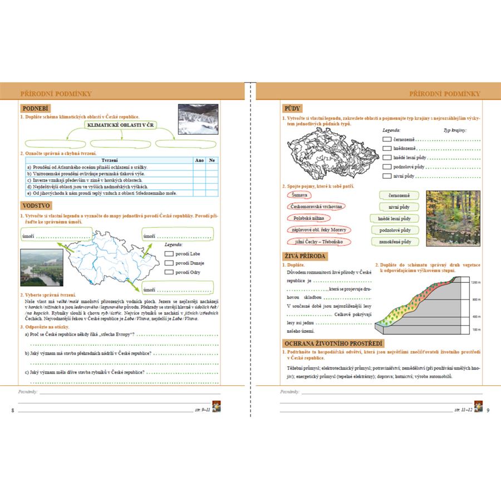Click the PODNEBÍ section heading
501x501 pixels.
pyautogui.click(x=35, y=109)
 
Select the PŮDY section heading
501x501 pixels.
pyautogui.click(x=293, y=109)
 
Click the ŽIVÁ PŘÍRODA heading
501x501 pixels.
pyautogui.click(x=305, y=256)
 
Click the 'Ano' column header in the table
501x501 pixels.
pyautogui.click(x=198, y=160)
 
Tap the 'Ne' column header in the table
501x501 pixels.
pyautogui.click(x=212, y=160)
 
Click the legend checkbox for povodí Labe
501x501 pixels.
pyautogui.click(x=169, y=254)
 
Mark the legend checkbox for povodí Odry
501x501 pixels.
pyautogui.click(x=169, y=272)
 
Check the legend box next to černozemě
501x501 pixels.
pyautogui.click(x=387, y=139)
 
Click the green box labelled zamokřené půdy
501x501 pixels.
pyautogui.click(x=395, y=242)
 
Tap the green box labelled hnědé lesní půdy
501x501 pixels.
pyautogui.click(x=395, y=219)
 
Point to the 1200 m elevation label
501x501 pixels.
pyautogui.click(x=475, y=283)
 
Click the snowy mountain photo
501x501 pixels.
pyautogui.click(x=198, y=119)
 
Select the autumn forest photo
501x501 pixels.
pyautogui.click(x=453, y=218)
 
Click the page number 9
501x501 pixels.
pyautogui.click(x=488, y=410)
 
